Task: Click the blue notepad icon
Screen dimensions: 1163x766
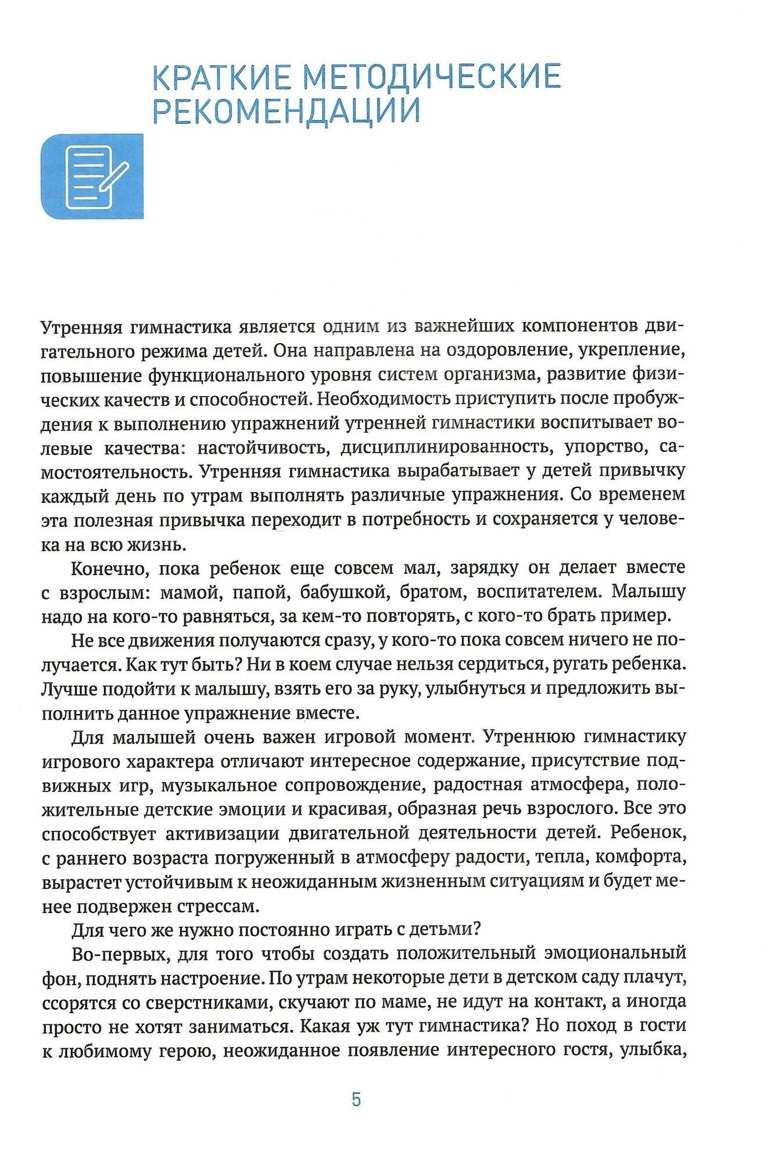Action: pyautogui.click(x=92, y=177)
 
